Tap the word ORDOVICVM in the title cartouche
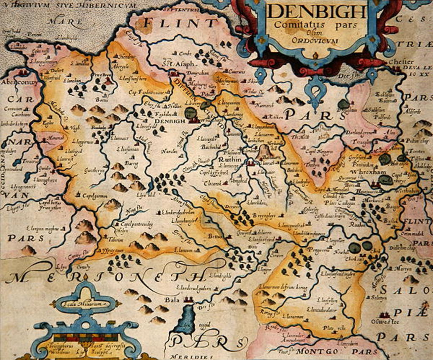pyautogui.click(x=315, y=41)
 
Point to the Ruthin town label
pyautogui.click(x=230, y=160)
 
